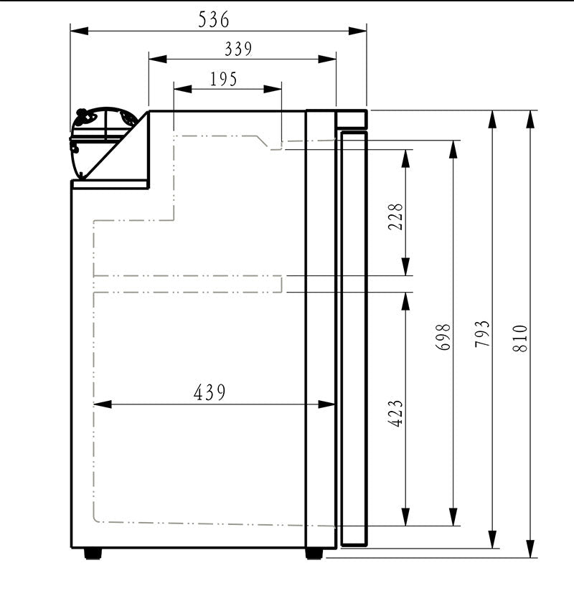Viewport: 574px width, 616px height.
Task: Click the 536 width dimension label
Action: (x=214, y=20)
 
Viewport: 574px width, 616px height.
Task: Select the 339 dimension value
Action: (x=238, y=49)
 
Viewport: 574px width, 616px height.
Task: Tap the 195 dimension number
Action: (x=224, y=79)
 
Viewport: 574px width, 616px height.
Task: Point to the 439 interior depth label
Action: (x=210, y=392)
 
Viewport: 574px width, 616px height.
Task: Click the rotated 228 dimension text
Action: (x=396, y=217)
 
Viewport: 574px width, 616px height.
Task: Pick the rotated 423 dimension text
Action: (x=396, y=413)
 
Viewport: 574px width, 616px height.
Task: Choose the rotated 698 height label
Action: (x=444, y=336)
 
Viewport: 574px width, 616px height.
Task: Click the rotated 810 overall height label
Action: (x=521, y=338)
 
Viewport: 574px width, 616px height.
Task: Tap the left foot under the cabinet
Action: (x=93, y=554)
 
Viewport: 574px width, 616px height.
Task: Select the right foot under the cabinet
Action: (x=314, y=554)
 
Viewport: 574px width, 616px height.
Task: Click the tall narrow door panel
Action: (x=353, y=337)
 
